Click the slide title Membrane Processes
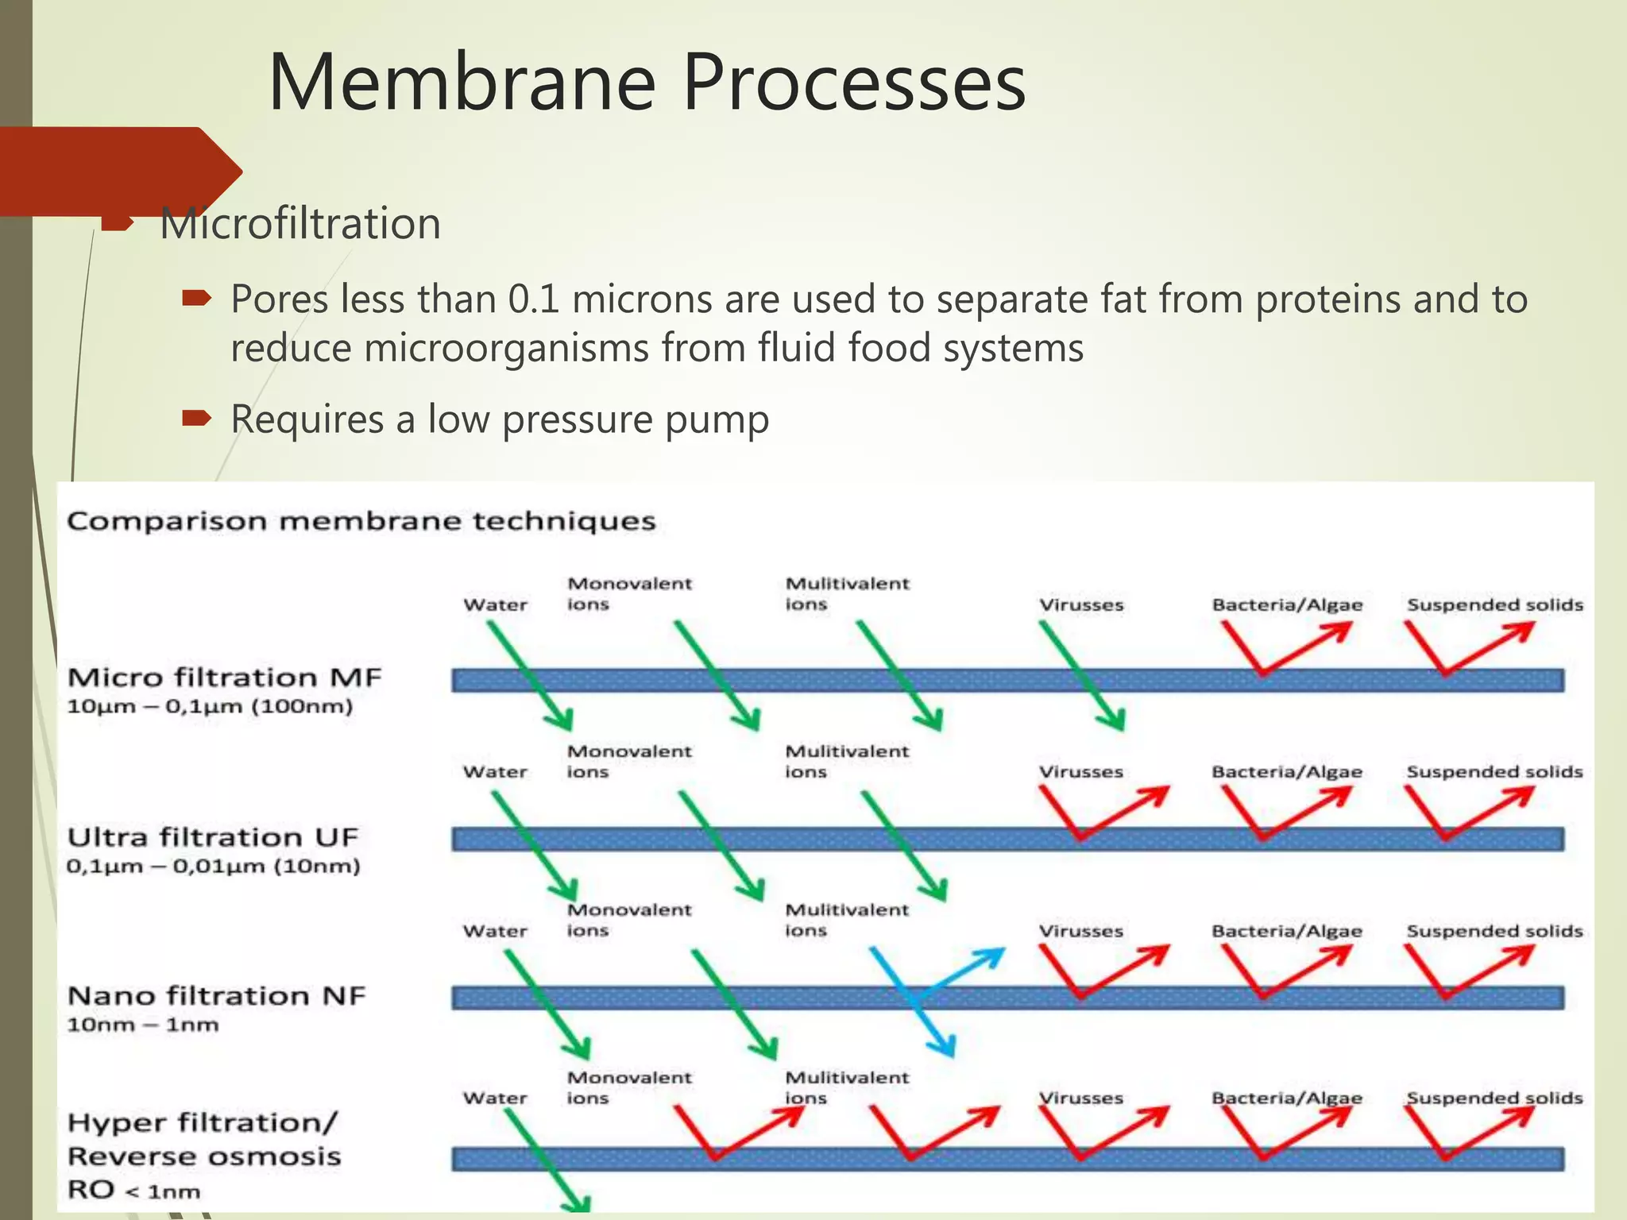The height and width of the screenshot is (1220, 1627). tap(647, 83)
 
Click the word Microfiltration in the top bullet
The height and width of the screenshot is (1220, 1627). tap(300, 223)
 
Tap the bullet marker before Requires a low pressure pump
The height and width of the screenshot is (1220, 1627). tap(195, 418)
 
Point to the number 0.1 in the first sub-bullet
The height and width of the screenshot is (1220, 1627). tap(533, 299)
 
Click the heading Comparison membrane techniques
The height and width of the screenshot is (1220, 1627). tap(361, 521)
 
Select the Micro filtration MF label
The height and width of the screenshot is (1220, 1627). tap(224, 678)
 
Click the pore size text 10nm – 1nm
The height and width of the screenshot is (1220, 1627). tap(143, 1025)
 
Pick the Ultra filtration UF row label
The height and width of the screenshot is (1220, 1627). tap(212, 837)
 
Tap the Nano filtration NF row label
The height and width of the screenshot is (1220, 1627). tap(216, 995)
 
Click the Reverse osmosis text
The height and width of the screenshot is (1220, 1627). tap(204, 1156)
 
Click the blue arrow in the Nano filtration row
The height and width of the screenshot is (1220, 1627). tap(922, 999)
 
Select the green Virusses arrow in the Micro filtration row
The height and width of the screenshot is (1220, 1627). tap(1082, 675)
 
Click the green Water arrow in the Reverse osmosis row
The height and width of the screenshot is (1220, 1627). tap(547, 1159)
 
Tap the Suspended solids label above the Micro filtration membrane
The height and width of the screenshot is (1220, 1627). tap(1494, 604)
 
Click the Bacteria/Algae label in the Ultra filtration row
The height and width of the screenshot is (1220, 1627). tap(1286, 772)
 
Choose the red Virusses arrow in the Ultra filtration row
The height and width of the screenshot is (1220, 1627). tap(1100, 814)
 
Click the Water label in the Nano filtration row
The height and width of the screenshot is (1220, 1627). tap(495, 931)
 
